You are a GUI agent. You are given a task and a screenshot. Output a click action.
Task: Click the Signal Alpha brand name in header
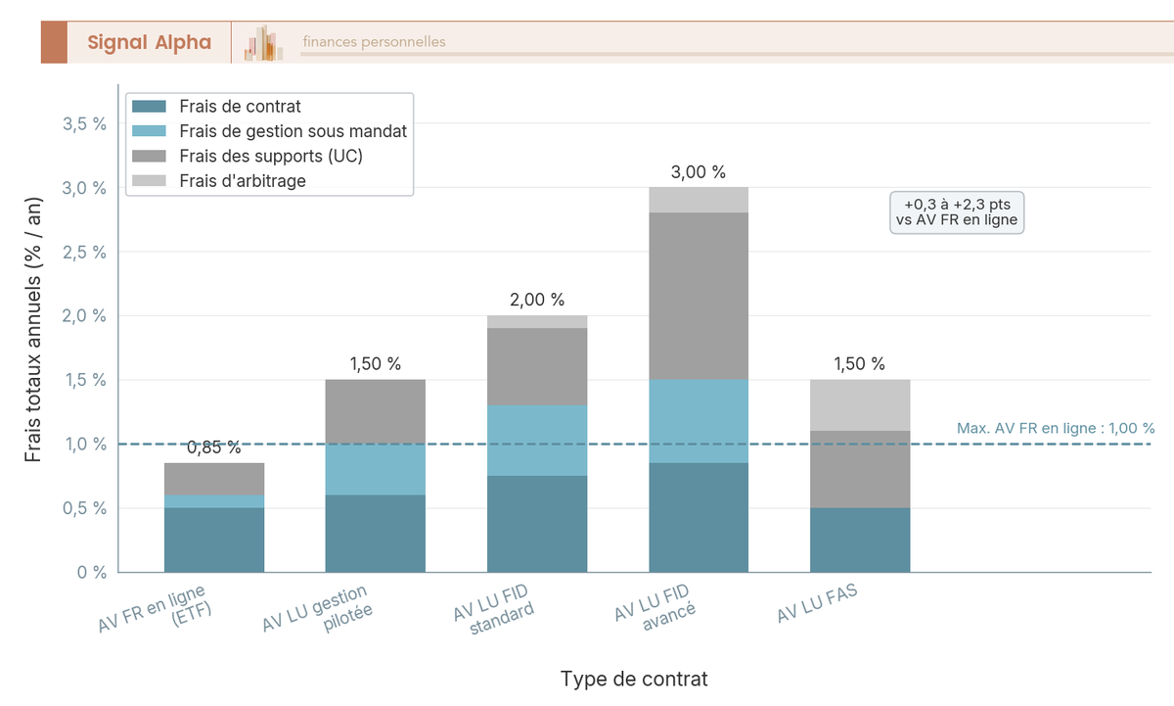tap(149, 42)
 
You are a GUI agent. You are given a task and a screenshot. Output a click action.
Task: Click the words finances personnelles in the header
tap(374, 42)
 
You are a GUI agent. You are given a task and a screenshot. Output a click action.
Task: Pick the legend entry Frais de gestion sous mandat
tap(293, 131)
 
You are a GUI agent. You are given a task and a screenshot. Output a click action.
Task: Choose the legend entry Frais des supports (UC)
tap(271, 156)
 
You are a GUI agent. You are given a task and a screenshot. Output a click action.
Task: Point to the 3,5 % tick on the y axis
tap(84, 123)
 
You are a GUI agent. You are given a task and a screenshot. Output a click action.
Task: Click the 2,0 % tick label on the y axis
tap(84, 315)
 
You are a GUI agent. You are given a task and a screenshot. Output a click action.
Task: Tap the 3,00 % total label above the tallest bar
tap(698, 172)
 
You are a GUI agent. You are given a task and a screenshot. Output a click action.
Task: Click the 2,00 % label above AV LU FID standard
tap(537, 300)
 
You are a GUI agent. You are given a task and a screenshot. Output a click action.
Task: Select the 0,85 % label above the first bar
tap(213, 447)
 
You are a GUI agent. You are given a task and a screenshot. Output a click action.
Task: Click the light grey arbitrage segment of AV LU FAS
tap(860, 404)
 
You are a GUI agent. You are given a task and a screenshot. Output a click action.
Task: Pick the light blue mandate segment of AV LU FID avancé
tap(699, 420)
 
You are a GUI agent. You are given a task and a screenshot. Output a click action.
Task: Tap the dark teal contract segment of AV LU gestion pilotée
tap(375, 533)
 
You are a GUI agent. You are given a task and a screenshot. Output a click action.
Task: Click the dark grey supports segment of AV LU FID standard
tap(537, 365)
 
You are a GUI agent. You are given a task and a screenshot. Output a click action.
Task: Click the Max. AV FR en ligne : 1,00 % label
tap(1055, 428)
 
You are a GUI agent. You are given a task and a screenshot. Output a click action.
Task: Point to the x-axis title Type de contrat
tap(634, 679)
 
